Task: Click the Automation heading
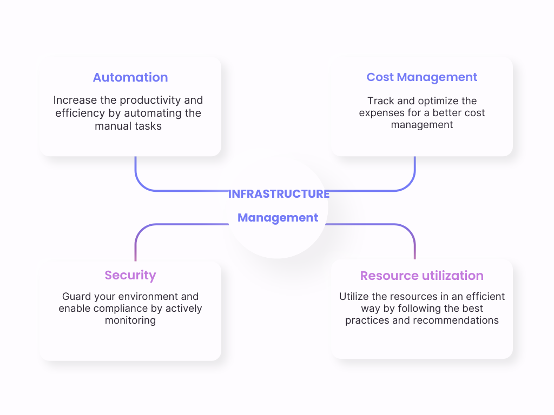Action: click(130, 77)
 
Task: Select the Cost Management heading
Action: click(421, 77)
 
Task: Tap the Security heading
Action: click(130, 275)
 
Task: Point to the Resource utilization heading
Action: click(422, 276)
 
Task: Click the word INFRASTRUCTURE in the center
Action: click(279, 194)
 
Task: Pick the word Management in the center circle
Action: click(278, 218)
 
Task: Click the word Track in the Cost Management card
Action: click(380, 101)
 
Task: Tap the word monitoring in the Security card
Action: click(130, 320)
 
